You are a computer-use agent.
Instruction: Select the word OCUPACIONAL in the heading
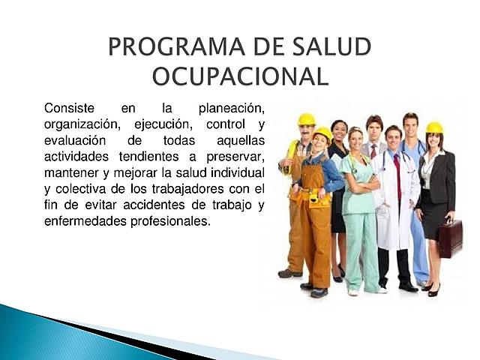(240, 76)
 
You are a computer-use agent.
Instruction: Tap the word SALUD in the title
(331, 47)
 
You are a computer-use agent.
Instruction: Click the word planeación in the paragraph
(232, 109)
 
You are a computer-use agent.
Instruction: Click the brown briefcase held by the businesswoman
(450, 238)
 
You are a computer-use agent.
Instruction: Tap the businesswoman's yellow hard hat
(434, 127)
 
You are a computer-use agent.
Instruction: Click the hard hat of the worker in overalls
(322, 133)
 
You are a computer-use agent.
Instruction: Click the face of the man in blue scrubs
(410, 125)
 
